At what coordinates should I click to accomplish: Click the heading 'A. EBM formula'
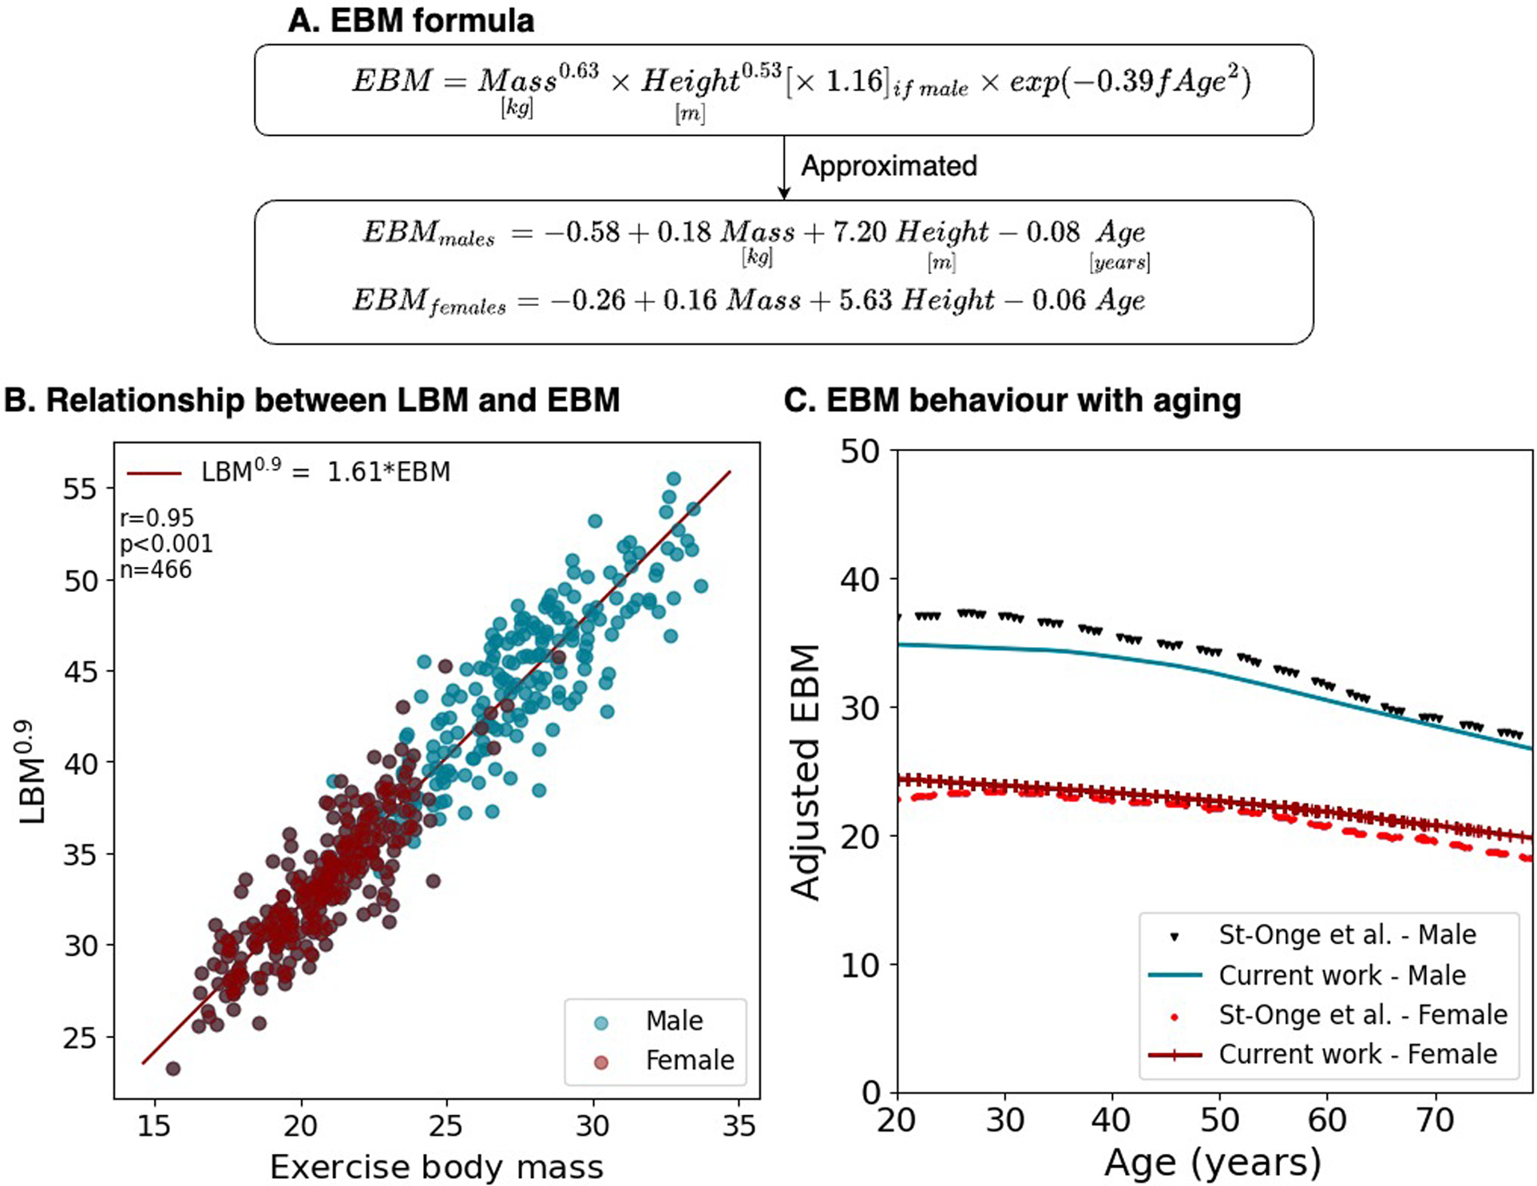pos(410,21)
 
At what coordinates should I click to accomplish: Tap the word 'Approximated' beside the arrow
pos(888,166)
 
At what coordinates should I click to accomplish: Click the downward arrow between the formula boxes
pos(784,169)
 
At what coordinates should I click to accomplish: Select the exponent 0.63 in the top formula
pos(578,71)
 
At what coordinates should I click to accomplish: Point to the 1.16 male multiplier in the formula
pos(854,81)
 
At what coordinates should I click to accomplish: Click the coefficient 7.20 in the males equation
pos(859,232)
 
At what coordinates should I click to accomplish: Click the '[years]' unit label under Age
pos(1119,262)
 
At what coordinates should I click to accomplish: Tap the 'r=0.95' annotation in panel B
pos(156,518)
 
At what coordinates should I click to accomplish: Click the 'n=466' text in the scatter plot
pos(156,569)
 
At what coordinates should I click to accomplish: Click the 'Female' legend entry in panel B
pos(689,1060)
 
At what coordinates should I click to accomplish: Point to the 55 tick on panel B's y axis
pos(80,488)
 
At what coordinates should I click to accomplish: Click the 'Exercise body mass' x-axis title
pos(436,1167)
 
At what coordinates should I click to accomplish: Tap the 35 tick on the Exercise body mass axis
pos(738,1126)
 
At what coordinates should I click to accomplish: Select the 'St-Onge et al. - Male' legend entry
pos(1346,934)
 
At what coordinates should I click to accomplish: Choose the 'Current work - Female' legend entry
pos(1357,1054)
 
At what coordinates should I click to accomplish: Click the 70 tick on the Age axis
pos(1434,1121)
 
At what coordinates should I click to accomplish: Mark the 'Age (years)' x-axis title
pos(1212,1163)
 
